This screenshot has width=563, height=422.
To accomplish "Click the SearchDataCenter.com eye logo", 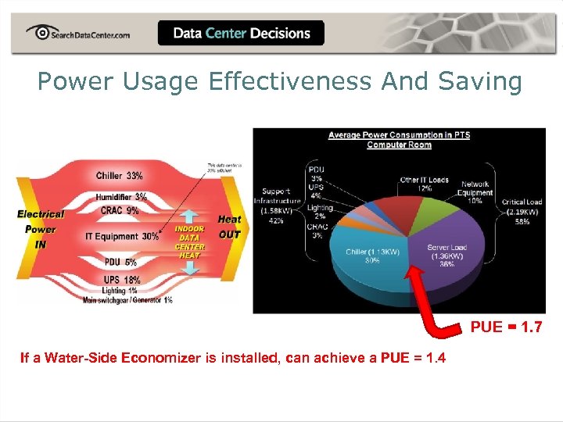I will click(x=38, y=33).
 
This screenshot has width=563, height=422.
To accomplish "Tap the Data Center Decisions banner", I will click(x=241, y=33).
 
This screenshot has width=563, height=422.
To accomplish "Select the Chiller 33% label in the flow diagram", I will click(x=119, y=176).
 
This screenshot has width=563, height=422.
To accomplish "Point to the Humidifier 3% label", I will click(x=121, y=197).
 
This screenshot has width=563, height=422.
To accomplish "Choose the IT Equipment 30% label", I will click(x=121, y=236).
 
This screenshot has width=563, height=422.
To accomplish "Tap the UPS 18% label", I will click(x=121, y=280).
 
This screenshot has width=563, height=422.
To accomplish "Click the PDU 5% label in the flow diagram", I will click(x=120, y=263).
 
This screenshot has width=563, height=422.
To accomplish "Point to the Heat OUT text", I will click(x=229, y=227).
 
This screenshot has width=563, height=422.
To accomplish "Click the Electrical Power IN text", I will click(x=41, y=229).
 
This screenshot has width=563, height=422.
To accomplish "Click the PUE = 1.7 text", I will click(x=505, y=327).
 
